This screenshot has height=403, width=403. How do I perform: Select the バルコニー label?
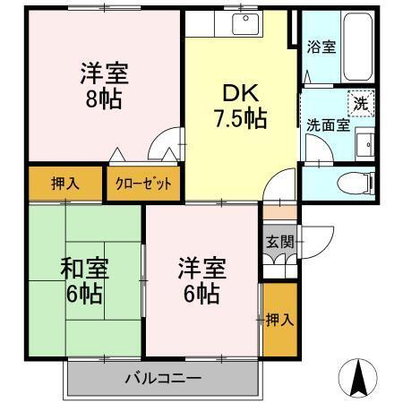coord(162,377)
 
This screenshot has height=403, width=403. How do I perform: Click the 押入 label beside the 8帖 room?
coord(64,184)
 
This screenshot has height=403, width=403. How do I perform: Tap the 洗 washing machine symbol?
coord(360,103)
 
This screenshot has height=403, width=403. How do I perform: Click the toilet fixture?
coord(358,184)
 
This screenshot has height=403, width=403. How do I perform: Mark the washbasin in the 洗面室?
coord(364,145)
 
